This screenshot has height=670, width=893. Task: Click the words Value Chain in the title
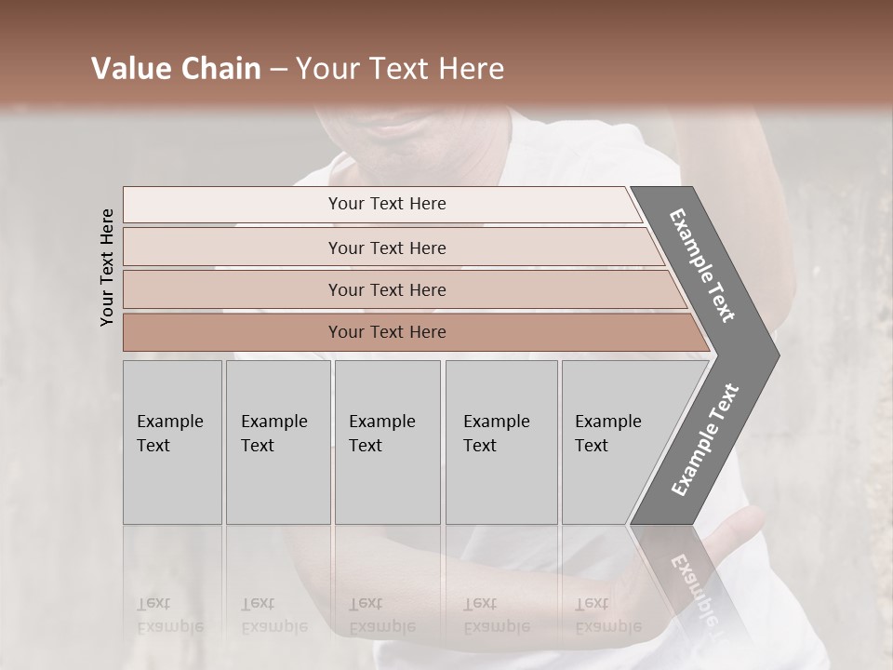(176, 69)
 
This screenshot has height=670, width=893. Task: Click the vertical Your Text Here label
(107, 267)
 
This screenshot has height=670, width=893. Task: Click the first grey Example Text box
(172, 442)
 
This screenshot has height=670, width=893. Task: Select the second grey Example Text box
(278, 442)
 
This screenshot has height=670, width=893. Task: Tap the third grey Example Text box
(387, 442)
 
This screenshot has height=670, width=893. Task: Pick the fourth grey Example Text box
(501, 442)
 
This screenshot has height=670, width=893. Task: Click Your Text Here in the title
(400, 69)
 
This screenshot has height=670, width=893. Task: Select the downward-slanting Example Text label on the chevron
(702, 265)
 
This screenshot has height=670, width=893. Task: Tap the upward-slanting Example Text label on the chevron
(704, 439)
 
